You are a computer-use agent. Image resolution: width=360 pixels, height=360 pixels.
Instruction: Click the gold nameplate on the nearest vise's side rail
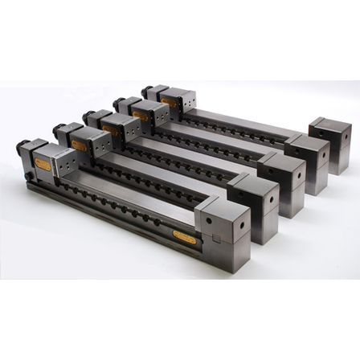pos(184,237)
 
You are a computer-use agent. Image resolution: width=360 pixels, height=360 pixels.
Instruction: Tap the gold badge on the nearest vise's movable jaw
pos(43,165)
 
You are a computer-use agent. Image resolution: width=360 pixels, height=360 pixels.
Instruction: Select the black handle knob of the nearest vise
pos(22,147)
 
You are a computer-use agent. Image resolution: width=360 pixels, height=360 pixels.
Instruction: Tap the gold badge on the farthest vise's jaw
pos(169,102)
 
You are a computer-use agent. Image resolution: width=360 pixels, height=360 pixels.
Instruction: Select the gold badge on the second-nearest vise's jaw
pos(79,145)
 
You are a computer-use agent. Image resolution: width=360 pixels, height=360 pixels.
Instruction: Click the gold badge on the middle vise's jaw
pos(111,129)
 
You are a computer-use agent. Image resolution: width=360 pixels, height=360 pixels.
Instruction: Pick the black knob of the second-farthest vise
pos(118,102)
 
